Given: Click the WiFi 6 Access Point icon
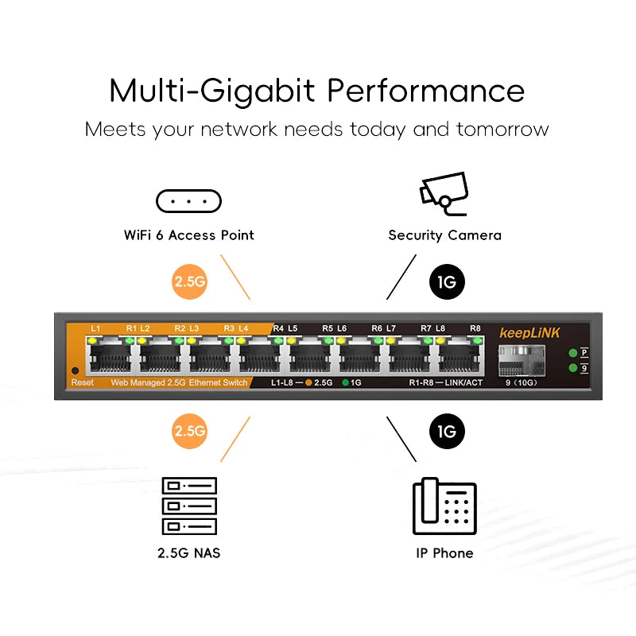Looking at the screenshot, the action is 188,201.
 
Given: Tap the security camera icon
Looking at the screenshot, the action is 444,193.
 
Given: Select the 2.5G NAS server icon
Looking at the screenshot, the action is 189,506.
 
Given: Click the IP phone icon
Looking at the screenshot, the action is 444,506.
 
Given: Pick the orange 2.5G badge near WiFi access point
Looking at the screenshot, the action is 189,281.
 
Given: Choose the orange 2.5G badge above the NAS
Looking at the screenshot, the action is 189,431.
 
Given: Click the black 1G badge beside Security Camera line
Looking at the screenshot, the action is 447,281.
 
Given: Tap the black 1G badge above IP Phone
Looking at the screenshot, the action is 447,431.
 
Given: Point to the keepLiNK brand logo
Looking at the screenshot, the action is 529,333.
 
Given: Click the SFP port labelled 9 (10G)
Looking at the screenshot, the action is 522,360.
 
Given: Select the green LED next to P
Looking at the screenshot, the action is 572,353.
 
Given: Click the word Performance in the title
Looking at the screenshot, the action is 426,91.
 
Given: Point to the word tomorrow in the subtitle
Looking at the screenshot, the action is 502,130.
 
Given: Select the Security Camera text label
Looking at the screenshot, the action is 444,235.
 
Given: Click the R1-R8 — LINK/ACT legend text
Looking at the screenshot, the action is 446,382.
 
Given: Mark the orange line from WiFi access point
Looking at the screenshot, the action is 235,277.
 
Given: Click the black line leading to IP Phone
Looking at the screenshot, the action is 401,439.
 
